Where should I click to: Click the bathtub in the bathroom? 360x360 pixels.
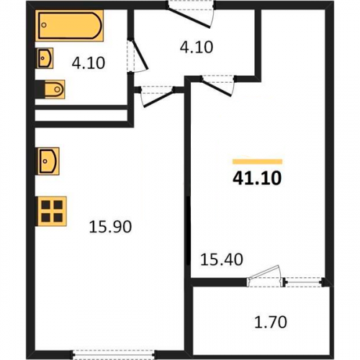pyautogui.click(x=69, y=25)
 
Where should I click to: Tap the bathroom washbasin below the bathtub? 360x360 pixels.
pyautogui.click(x=45, y=58)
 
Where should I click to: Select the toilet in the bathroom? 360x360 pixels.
pyautogui.click(x=53, y=89)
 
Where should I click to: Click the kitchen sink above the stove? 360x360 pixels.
pyautogui.click(x=48, y=161)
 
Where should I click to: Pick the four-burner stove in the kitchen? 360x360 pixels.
pyautogui.click(x=51, y=211)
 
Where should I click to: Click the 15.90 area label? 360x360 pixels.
pyautogui.click(x=110, y=227)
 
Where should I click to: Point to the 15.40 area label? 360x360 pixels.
pyautogui.click(x=222, y=260)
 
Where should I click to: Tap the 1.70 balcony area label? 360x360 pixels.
pyautogui.click(x=271, y=322)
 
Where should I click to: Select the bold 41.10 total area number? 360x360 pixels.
pyautogui.click(x=257, y=179)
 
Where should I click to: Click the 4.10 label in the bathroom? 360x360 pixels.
pyautogui.click(x=89, y=63)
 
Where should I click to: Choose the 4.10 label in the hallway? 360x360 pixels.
pyautogui.click(x=197, y=48)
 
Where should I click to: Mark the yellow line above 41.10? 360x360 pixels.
pyautogui.click(x=257, y=161)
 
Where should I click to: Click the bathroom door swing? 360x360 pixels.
pyautogui.click(x=138, y=55)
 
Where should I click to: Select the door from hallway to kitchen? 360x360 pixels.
pyautogui.click(x=157, y=96)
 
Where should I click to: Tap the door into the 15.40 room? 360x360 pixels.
pyautogui.click(x=218, y=86)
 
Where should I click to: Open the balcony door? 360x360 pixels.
pyautogui.click(x=265, y=276)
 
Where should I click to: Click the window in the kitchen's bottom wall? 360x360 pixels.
pyautogui.click(x=114, y=354)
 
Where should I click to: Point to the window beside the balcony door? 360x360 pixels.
pyautogui.click(x=305, y=282)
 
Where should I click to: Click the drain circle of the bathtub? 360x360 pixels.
pyautogui.click(x=44, y=25)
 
